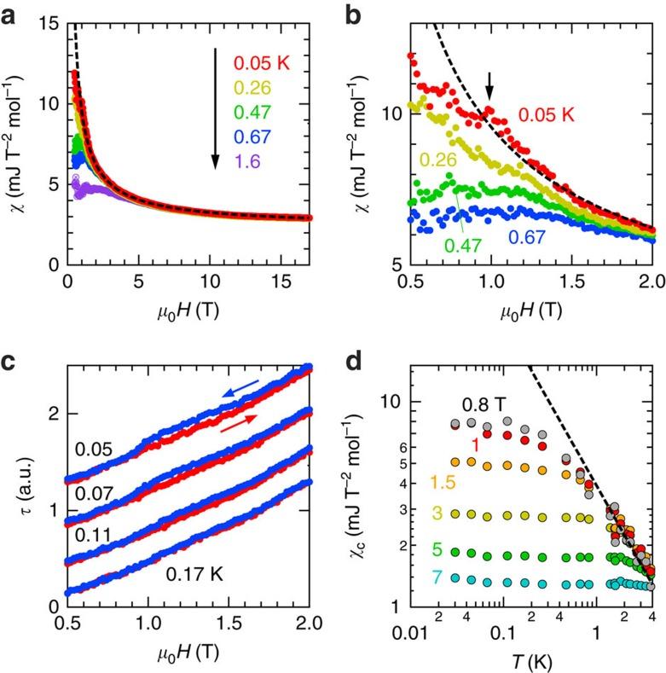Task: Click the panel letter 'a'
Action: point(12,15)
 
